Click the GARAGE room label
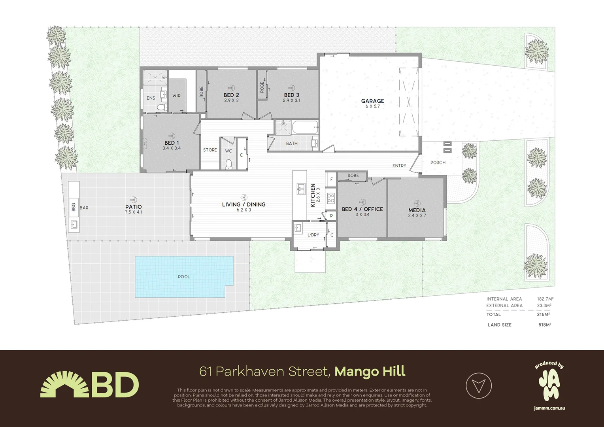[x=372, y=101]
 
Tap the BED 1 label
[x=172, y=143]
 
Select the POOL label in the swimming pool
[x=184, y=277]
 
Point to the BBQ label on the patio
[x=74, y=206]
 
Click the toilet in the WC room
[x=228, y=164]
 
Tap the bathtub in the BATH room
[x=305, y=127]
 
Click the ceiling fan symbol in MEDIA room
[x=417, y=203]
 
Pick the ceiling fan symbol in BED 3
[x=291, y=88]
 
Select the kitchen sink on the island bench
[x=300, y=189]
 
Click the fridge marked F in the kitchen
[x=331, y=179]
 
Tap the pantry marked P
[x=331, y=215]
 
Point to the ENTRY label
[x=399, y=166]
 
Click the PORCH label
[x=438, y=162]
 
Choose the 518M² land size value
[x=544, y=325]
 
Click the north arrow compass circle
[x=479, y=385]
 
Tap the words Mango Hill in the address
[x=370, y=372]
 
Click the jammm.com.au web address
[x=549, y=408]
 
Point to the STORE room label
[x=210, y=150]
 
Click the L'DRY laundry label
[x=313, y=235]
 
